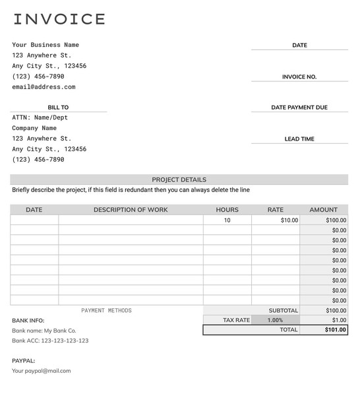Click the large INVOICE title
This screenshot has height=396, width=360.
coord(59,19)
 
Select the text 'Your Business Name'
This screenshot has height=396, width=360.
coord(45,45)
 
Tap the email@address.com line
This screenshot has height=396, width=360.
coord(44,87)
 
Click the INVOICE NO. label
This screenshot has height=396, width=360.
coord(299,77)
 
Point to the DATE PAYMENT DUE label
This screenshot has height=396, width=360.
coord(299,108)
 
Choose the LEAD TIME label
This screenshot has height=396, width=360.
coord(299,139)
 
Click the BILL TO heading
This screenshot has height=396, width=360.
coord(58,108)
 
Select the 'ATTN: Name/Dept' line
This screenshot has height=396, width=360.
coord(40,117)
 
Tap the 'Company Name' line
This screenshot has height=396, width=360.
coord(34,128)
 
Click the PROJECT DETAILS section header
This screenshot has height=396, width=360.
coord(179,180)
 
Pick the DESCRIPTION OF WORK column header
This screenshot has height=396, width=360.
coord(131,210)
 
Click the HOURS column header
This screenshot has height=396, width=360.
coord(227,210)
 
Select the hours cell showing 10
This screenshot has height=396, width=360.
coord(227,220)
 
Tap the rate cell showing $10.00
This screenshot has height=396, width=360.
coord(289,220)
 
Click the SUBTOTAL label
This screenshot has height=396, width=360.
coord(283,310)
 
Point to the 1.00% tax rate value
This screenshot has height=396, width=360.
coord(275,320)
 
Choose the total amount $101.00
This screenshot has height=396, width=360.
coord(335,330)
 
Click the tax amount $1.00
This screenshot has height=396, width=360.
coord(339,320)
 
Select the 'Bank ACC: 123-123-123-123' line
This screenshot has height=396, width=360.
coord(50,341)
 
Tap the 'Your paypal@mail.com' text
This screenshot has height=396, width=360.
coord(41,371)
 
